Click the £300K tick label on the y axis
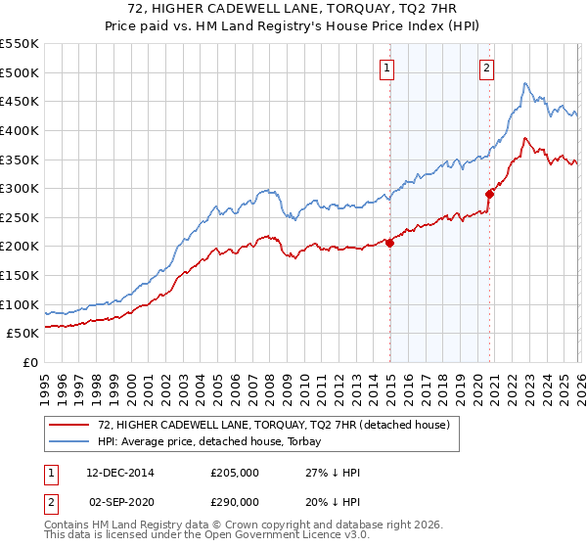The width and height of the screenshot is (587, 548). point(20,188)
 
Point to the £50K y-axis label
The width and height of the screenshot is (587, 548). point(23,334)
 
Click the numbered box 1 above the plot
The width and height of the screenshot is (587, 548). point(388,68)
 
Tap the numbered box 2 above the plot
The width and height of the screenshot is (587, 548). point(486,68)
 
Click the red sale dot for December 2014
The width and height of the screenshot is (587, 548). point(389,243)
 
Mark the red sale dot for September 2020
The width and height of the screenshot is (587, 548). point(489,194)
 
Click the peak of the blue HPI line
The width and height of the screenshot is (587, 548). point(525,83)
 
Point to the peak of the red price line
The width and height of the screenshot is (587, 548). point(525,138)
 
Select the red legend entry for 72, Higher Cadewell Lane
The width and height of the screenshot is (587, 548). point(274,425)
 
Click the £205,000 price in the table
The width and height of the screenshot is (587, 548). point(233,473)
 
